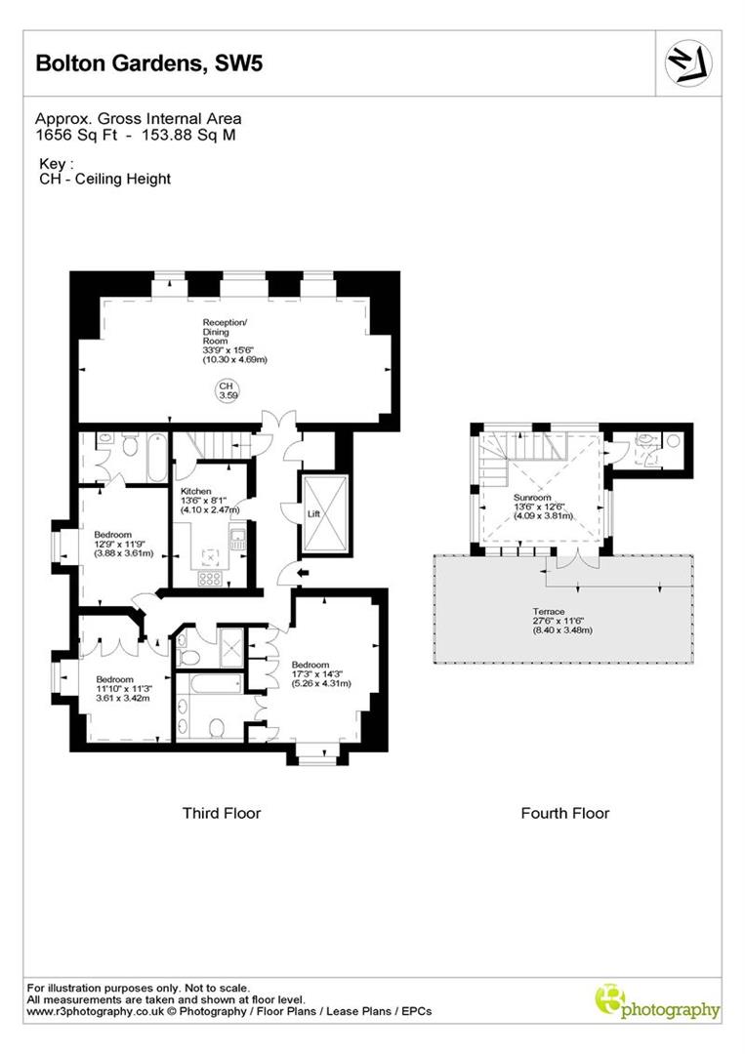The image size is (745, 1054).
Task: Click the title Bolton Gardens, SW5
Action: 149,63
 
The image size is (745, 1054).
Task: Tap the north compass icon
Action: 688,63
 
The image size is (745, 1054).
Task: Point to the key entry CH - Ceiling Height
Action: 105,179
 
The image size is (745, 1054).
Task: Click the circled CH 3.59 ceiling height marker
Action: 228,391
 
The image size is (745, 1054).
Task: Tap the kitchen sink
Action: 237,538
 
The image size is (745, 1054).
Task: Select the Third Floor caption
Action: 222,813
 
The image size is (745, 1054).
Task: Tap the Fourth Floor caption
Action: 564,813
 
